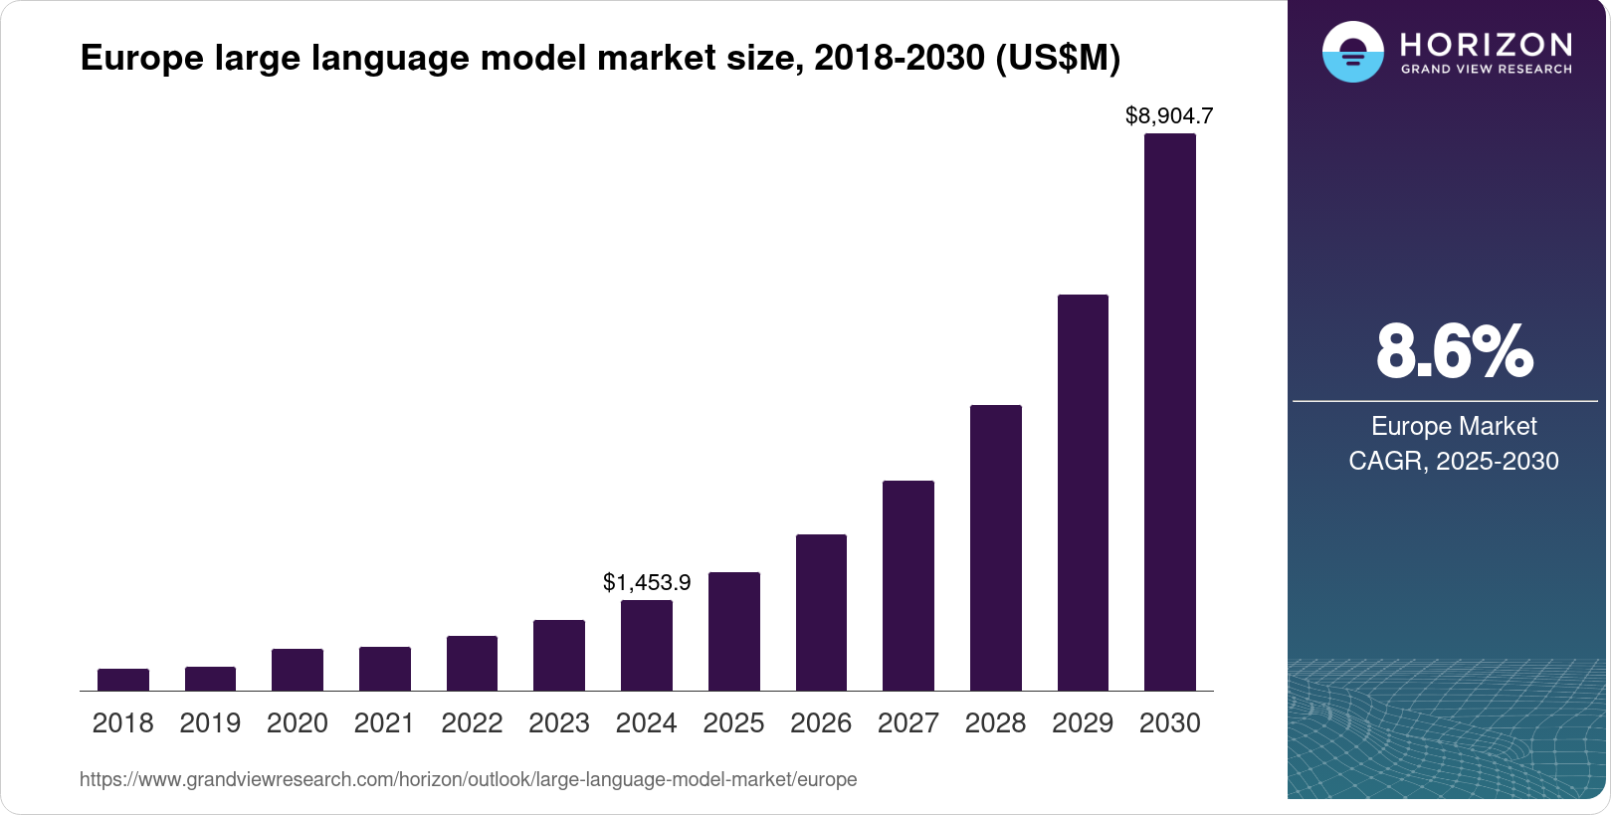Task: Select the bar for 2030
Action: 1169,412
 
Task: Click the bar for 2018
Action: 123,680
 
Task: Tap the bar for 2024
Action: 647,645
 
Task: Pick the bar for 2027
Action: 907,585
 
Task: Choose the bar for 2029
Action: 1083,493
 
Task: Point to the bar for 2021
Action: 385,669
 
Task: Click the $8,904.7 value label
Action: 1169,116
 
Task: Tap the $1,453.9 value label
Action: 647,582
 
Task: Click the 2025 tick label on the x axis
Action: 733,723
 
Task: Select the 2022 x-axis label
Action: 472,723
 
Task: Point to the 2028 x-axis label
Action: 995,723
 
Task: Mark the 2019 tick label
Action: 210,723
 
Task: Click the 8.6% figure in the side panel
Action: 1454,351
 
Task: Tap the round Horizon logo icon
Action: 1352,52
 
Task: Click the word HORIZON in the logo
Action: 1486,44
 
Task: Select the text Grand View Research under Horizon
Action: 1486,70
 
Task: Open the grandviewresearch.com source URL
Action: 468,779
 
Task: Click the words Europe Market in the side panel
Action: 1454,426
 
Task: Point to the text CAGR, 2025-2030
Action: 1454,461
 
